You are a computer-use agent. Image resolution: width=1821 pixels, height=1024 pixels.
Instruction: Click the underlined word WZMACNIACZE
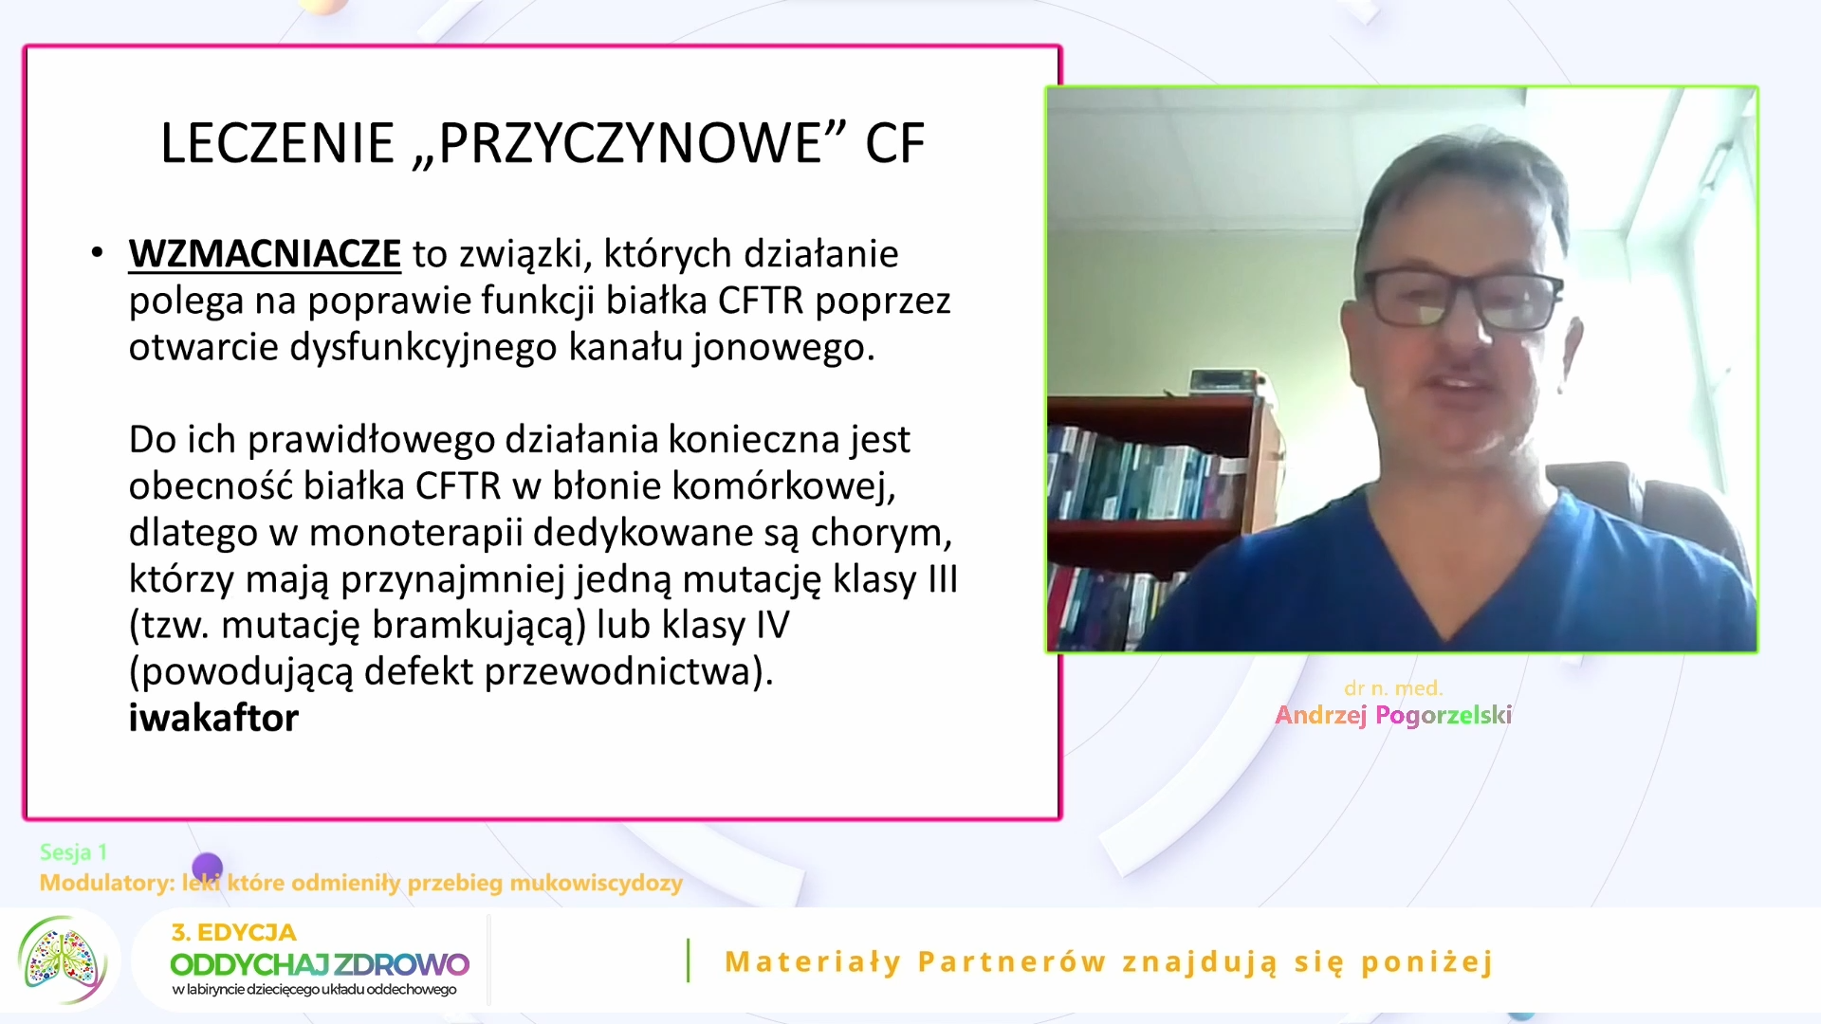(x=265, y=254)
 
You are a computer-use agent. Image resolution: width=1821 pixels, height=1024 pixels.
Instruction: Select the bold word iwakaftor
(x=213, y=718)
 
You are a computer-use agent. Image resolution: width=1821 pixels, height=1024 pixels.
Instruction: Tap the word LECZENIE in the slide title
(x=277, y=143)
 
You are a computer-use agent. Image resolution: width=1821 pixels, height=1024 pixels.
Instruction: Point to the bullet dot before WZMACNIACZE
(x=97, y=253)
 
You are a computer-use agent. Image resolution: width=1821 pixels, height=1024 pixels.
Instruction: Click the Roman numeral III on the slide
(x=943, y=578)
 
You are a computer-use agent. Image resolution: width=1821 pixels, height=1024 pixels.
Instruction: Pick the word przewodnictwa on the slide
(x=630, y=672)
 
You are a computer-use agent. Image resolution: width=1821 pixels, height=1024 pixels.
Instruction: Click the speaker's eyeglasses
(x=1462, y=298)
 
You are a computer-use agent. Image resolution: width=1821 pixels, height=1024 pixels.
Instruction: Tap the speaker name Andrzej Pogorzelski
(x=1393, y=715)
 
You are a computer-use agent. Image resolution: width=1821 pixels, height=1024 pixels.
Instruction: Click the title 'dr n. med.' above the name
(x=1393, y=688)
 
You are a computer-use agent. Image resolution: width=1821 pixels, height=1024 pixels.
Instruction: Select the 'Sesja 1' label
(x=73, y=852)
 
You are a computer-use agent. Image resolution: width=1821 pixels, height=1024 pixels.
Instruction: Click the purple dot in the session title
(x=207, y=868)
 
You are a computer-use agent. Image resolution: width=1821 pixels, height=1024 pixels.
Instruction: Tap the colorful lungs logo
(x=62, y=960)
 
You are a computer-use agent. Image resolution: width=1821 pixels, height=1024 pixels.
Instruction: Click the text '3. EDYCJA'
(x=233, y=932)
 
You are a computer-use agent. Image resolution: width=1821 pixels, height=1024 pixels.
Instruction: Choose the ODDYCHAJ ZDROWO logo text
(x=320, y=964)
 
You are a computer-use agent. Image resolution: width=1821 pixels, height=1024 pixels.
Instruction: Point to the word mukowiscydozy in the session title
(x=596, y=884)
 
